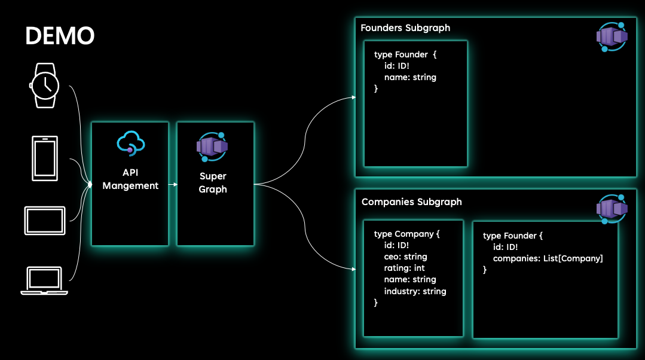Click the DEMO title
[x=60, y=36]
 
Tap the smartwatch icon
[x=45, y=86]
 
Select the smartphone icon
[x=45, y=158]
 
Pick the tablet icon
[x=45, y=219]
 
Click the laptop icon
[x=44, y=281]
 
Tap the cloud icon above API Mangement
[x=131, y=144]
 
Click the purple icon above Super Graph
[x=212, y=147]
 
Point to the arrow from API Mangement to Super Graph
[x=173, y=184]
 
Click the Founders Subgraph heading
[x=405, y=28]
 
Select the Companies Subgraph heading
[x=411, y=202]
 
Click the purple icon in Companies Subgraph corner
[x=612, y=209]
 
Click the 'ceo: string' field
[x=405, y=257]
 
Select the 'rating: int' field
[x=404, y=268]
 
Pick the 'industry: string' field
[x=415, y=291]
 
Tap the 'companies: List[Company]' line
[x=548, y=258]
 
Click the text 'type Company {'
[x=406, y=234]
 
